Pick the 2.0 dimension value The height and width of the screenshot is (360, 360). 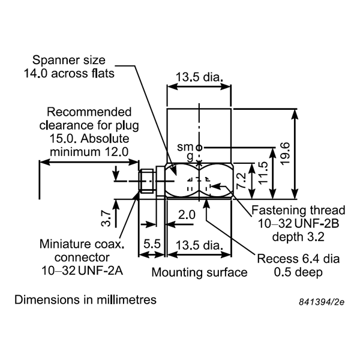tap(187, 214)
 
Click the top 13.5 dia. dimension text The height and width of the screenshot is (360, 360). tap(199, 77)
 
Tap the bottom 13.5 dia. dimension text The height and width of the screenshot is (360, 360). tap(199, 245)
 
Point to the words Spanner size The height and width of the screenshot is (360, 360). tap(68, 60)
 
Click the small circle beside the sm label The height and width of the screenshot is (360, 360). tap(199, 147)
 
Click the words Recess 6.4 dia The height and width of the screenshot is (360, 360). tap(298, 259)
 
